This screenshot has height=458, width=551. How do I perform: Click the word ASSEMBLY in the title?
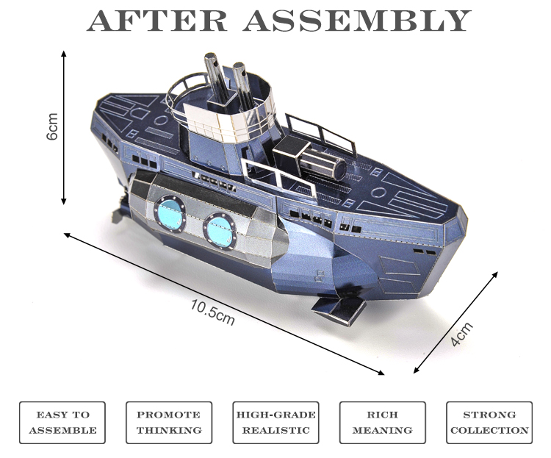[x=357, y=20]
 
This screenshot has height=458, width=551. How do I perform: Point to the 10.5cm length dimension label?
[x=212, y=309]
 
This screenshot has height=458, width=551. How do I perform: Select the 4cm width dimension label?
[x=461, y=334]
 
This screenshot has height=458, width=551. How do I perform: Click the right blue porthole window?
[x=218, y=226]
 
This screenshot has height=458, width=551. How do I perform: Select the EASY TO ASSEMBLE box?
[x=62, y=422]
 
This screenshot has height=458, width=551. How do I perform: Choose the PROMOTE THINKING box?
[x=169, y=422]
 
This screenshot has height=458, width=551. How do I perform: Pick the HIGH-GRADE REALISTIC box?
[x=275, y=422]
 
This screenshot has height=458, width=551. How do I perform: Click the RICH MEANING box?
[x=382, y=422]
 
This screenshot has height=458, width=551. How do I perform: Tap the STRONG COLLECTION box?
[x=489, y=422]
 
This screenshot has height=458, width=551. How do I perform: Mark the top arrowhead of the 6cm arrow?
[x=65, y=54]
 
